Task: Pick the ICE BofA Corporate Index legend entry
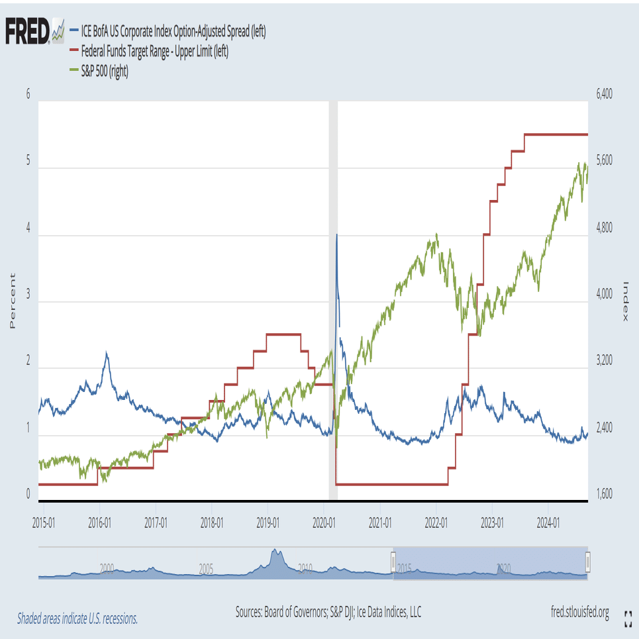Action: (173, 31)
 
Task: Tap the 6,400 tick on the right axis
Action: (604, 95)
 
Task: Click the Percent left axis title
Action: (11, 301)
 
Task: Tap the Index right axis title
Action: (626, 301)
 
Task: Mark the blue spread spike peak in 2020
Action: (336, 234)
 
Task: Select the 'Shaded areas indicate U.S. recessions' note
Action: (77, 618)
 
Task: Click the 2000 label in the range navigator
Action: (107, 567)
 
